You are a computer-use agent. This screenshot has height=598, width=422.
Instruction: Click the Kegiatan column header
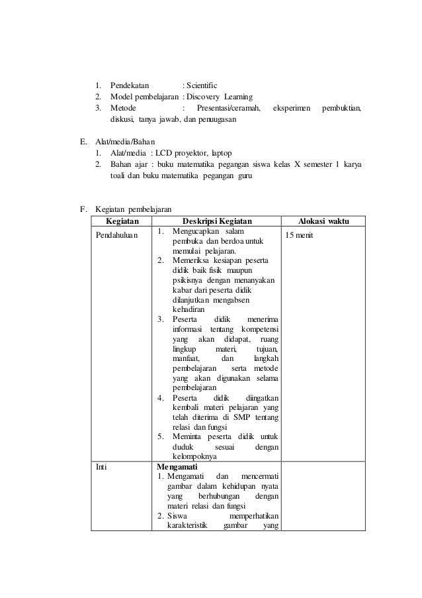tap(121, 221)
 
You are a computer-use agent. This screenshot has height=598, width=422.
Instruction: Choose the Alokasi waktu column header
tap(324, 221)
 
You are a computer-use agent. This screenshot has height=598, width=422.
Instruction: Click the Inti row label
tap(102, 466)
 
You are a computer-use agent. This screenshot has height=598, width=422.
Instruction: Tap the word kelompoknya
tap(192, 456)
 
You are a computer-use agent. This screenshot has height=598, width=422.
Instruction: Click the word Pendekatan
tap(130, 85)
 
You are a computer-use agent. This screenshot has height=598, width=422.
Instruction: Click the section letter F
tap(83, 210)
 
